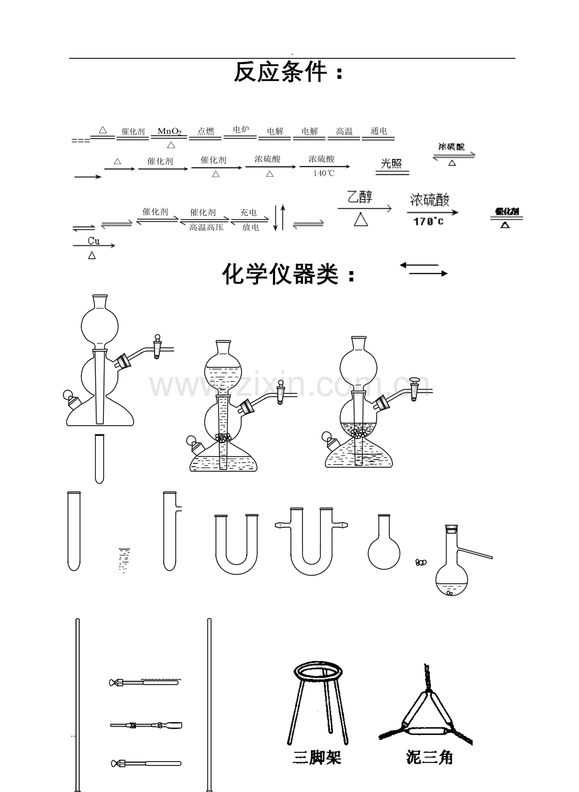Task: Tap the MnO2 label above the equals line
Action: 169,131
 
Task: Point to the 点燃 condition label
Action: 206,131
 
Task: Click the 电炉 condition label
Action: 241,130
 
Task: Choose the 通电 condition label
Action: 379,131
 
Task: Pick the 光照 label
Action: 392,164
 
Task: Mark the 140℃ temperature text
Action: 324,174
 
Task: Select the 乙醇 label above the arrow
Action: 360,197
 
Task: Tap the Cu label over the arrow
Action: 94,240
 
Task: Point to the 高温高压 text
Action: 206,227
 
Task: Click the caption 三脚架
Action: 317,758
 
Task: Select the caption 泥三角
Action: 429,758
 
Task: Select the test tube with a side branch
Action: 170,532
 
